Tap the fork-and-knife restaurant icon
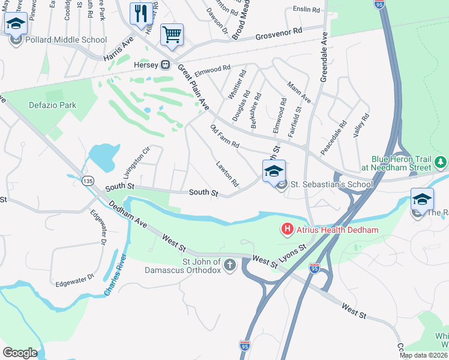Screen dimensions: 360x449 (x=140, y=14)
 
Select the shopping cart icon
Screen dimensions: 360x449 (x=172, y=34)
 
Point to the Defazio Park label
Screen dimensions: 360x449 (x=53, y=105)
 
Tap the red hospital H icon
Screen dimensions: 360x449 (x=287, y=229)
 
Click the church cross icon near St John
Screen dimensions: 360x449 (x=229, y=265)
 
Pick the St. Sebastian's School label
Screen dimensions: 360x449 (x=331, y=184)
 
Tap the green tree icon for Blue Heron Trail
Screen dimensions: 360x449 (x=441, y=162)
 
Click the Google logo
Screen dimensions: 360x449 (x=20, y=352)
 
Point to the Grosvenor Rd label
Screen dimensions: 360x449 (x=278, y=35)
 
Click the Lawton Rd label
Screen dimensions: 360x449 (x=227, y=173)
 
